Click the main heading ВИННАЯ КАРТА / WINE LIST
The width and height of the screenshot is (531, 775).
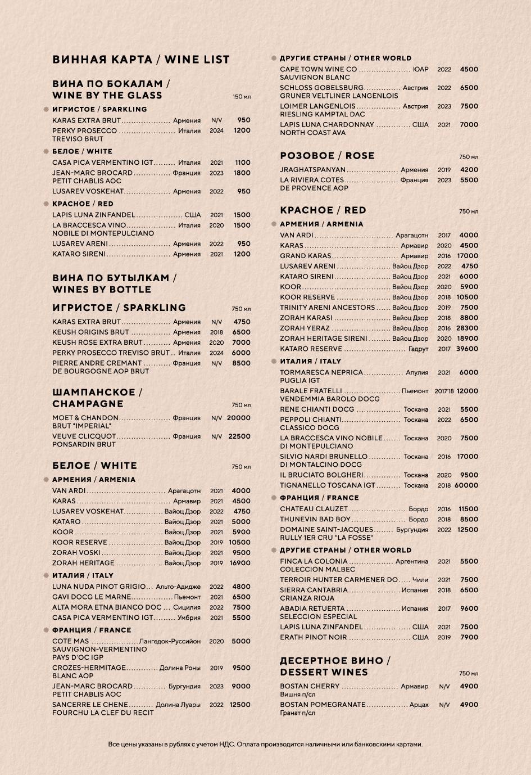140,60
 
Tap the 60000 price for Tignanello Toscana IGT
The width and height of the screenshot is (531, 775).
466,485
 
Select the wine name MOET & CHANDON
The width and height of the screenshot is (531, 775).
85,418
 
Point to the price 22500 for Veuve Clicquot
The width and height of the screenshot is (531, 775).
239,436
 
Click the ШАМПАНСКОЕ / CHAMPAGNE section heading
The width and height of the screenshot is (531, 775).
97,398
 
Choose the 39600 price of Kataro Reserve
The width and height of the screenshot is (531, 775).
466,349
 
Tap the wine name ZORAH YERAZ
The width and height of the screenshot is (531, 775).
305,328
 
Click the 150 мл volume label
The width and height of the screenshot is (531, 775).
242,97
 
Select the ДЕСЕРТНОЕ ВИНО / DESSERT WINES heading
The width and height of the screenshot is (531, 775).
335,666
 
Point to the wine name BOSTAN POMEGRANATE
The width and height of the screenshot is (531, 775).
323,705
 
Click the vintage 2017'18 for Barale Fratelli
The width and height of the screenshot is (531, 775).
444,391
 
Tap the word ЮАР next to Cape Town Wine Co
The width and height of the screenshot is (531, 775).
420,70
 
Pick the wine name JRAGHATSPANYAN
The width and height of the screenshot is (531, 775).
312,169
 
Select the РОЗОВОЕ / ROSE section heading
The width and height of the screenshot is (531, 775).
327,156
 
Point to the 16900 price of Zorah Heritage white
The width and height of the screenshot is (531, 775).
239,563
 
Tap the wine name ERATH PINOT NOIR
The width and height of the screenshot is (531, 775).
313,637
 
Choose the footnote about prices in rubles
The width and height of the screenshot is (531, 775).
265,744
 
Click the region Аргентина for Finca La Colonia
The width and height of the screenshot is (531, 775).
411,561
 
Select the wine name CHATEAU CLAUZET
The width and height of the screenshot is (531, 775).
314,509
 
